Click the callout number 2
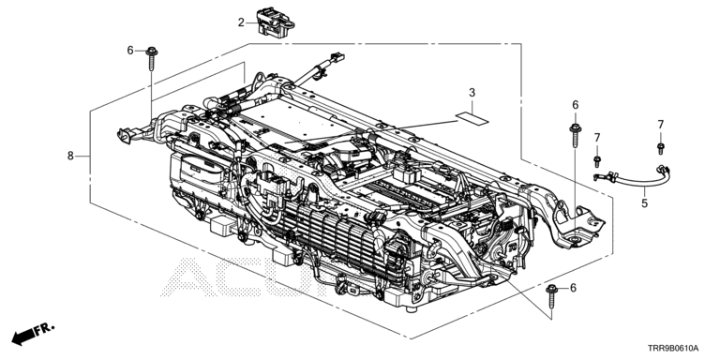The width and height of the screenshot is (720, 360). [241, 22]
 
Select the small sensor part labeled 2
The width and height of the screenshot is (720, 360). [275, 22]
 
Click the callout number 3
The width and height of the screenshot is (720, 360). [472, 93]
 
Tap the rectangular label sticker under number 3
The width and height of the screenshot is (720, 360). [472, 118]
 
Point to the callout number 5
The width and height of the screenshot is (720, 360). [645, 202]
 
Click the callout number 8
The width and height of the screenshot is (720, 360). [70, 157]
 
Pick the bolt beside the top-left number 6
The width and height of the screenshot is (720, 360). [152, 58]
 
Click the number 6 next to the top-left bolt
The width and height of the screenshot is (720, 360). [130, 51]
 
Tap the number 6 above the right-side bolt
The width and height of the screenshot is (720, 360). [576, 105]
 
